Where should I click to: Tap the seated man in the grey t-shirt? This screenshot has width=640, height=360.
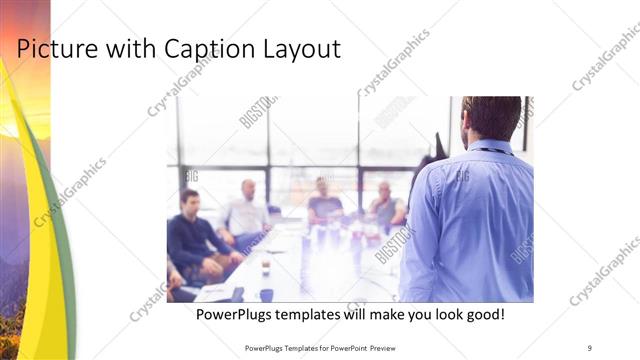[x=323, y=203]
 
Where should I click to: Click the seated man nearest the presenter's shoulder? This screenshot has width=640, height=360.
[x=385, y=205]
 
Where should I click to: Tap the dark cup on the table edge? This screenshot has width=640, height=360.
[x=266, y=295]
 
